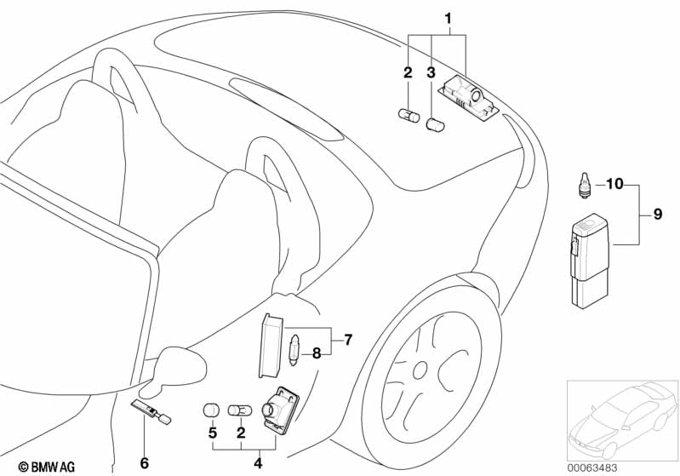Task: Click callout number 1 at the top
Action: [x=449, y=18]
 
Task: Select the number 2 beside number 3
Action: [x=409, y=73]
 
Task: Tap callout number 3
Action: [x=432, y=73]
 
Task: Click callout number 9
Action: [x=657, y=216]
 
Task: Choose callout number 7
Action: [x=347, y=339]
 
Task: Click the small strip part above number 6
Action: [x=151, y=412]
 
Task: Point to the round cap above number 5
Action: [x=211, y=410]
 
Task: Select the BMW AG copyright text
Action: [x=31, y=466]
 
